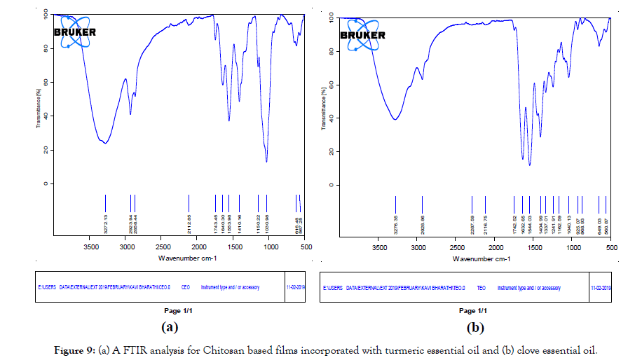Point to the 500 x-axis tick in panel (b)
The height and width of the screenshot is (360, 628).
click(x=610, y=248)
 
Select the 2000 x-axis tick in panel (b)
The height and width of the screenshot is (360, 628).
click(x=495, y=248)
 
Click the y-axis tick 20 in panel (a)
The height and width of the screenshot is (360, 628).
click(x=45, y=150)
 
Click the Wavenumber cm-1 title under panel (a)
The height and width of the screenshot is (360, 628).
click(x=178, y=258)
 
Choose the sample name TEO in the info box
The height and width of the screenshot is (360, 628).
click(x=481, y=288)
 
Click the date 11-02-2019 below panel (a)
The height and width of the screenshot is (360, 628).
click(x=296, y=286)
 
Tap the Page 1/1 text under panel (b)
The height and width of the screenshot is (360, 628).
click(x=465, y=310)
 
